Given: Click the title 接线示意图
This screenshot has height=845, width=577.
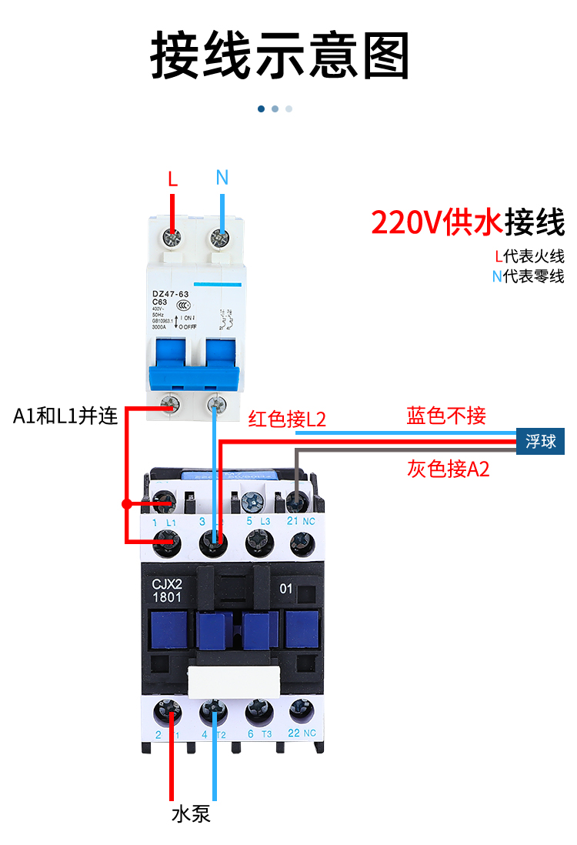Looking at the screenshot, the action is point(280,55).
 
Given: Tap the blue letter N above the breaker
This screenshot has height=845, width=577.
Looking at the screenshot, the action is point(222,178).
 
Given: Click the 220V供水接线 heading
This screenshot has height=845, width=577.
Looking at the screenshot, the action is point(467,222).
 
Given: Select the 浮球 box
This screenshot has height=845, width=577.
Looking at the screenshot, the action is point(540,442).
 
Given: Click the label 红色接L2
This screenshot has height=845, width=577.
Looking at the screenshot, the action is point(287,419).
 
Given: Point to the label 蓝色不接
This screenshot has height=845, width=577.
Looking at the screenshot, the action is point(446,416).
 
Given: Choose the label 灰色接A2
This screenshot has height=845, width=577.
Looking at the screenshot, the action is point(448,469).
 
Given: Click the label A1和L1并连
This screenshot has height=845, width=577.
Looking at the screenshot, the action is point(65,416).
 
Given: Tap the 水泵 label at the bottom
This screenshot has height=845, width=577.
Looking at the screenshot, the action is point(191,813).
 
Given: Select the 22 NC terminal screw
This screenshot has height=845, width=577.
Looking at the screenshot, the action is point(299,710).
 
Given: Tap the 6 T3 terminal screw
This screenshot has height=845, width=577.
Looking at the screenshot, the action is point(256,710).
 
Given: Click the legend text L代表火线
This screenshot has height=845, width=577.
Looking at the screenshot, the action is point(529,256).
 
